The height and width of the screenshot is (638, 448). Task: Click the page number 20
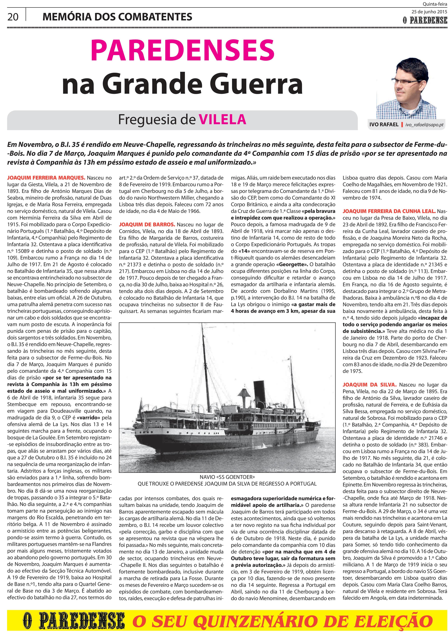pyautogui.click(x=13, y=17)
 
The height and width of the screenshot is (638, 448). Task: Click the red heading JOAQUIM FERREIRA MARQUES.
pyautogui.click(x=46, y=178)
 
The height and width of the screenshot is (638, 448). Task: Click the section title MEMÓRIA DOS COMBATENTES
pyautogui.click(x=117, y=17)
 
